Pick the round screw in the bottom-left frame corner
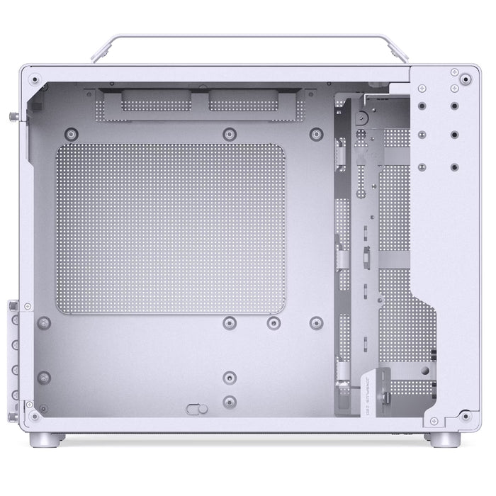(33, 415)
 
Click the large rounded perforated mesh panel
(170, 228)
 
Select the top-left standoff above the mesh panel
(71, 133)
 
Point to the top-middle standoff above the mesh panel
(228, 133)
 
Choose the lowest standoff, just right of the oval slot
(229, 401)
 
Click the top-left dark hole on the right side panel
(422, 104)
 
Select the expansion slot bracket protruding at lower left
(14, 354)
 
